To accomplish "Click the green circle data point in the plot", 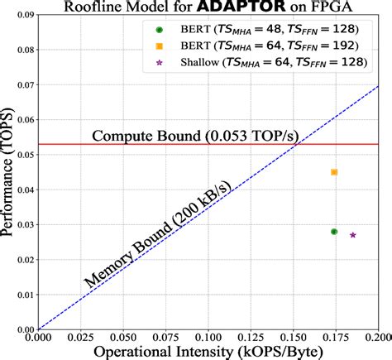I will click(x=334, y=232).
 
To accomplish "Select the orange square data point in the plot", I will click(x=334, y=172).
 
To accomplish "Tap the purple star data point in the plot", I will click(x=353, y=235).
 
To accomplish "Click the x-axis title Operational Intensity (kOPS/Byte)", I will click(x=208, y=352).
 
